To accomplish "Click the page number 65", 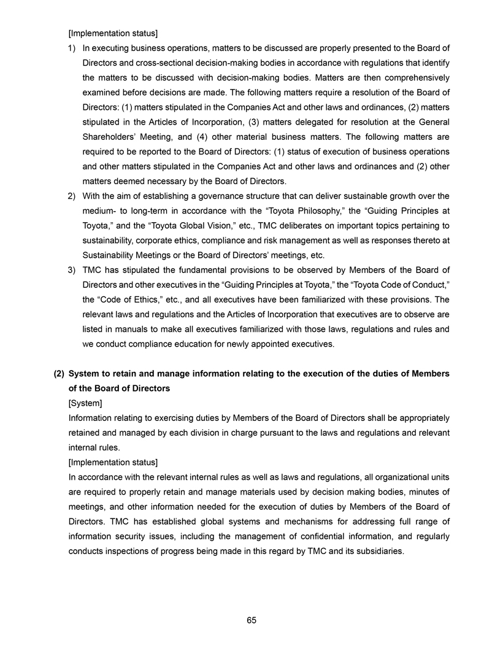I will click(251, 620).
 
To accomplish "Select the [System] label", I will click(85, 404).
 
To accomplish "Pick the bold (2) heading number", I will click(60, 374).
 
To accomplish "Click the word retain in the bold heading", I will click(122, 374).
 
